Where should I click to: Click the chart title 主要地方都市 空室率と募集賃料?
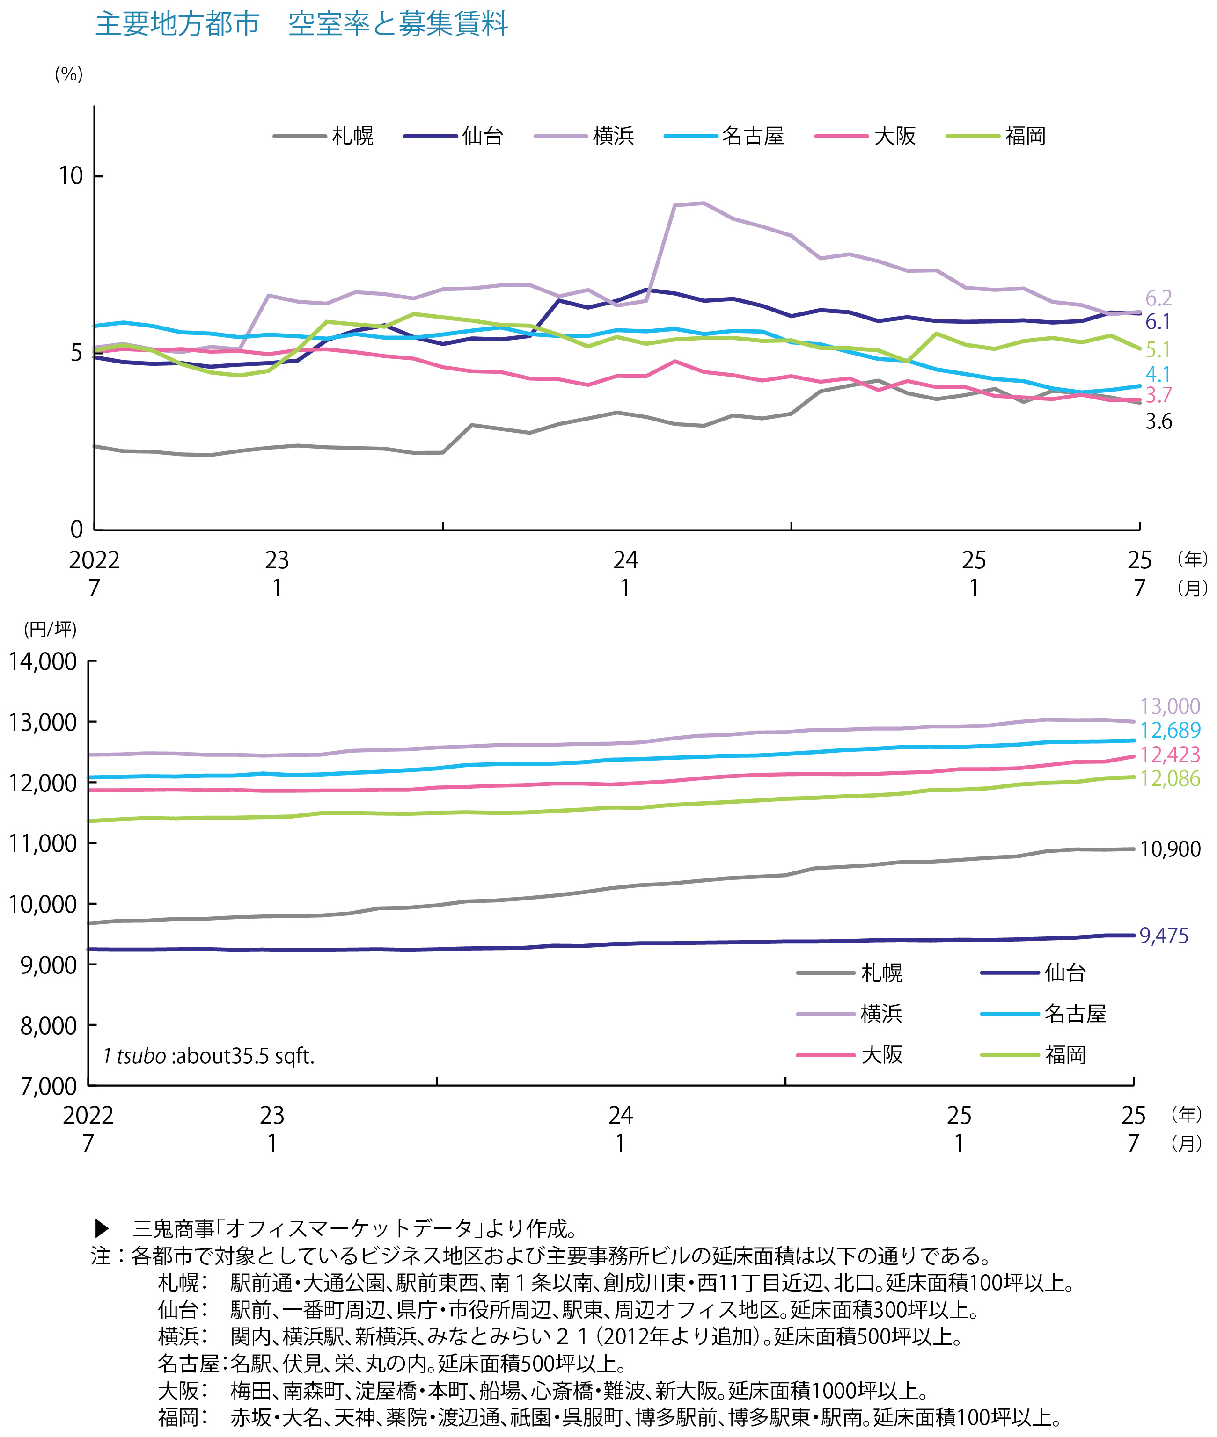click(301, 25)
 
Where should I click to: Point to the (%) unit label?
click(69, 74)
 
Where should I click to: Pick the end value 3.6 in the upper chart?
click(1158, 421)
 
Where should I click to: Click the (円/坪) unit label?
click(50, 629)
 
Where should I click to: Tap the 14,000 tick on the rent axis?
click(43, 662)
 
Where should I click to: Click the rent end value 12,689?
click(1170, 730)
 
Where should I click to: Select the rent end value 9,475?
click(1164, 936)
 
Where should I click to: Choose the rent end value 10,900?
click(1170, 849)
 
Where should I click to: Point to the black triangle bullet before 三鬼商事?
click(102, 1228)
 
